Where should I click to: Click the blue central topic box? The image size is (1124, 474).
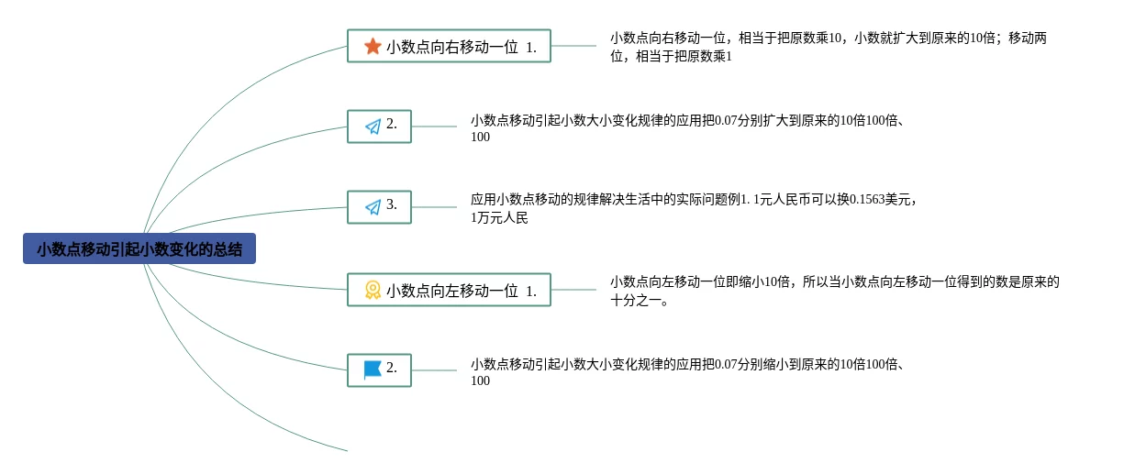click(139, 248)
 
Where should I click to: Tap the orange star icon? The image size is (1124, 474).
click(373, 46)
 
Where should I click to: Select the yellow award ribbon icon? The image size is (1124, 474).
click(373, 290)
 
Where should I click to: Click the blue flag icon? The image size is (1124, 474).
click(373, 370)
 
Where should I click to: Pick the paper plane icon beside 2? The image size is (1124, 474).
click(373, 127)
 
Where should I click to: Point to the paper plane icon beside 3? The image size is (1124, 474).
click(373, 207)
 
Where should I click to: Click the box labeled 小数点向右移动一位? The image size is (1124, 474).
click(449, 46)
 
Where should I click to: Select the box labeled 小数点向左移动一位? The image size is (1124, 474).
click(449, 290)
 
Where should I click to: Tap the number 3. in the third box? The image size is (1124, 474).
click(392, 204)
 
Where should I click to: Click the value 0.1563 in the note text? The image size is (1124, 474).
click(867, 199)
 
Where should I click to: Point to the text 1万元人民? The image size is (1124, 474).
click(499, 217)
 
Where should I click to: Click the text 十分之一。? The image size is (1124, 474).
click(639, 301)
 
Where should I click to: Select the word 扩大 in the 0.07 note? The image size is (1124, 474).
click(775, 120)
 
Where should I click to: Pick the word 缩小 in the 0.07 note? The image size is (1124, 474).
click(775, 364)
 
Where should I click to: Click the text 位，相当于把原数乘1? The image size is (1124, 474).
click(671, 56)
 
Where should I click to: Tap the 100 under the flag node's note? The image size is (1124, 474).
click(480, 380)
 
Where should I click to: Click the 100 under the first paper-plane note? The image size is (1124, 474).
click(480, 137)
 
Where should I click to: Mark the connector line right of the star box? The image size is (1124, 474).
click(573, 46)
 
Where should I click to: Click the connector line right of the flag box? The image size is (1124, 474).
click(434, 370)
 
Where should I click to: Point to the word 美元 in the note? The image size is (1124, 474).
click(897, 199)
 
